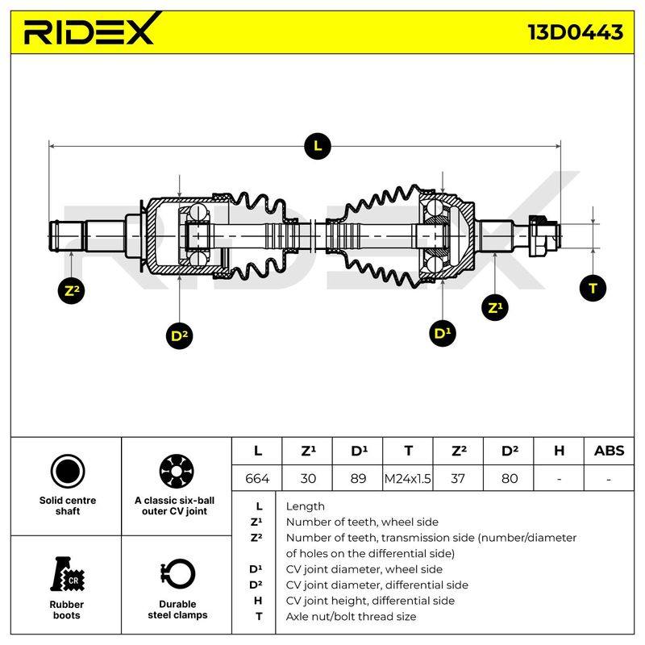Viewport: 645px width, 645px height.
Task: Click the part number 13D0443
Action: pos(575,32)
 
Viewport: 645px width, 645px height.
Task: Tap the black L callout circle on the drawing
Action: pos(318,146)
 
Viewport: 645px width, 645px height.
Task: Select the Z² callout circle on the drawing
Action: pos(72,291)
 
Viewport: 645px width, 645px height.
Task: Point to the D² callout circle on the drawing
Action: pos(179,335)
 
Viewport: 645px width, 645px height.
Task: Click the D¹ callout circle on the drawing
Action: pos(442,333)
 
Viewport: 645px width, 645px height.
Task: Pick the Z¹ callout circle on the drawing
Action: pos(495,307)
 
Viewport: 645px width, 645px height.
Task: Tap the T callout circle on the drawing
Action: pos(593,288)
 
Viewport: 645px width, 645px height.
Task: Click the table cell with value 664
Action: pos(257,478)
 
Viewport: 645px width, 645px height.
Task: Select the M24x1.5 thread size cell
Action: pos(408,478)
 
